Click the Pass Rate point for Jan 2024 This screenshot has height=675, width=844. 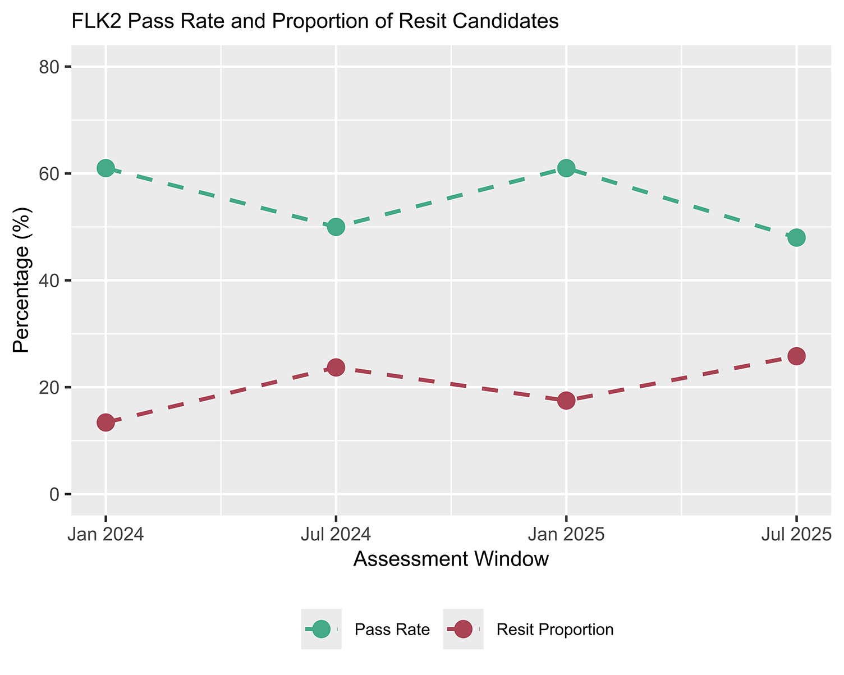pyautogui.click(x=105, y=168)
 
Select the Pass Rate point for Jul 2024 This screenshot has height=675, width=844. pyautogui.click(x=336, y=227)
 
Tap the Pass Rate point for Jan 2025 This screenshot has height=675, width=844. pyautogui.click(x=566, y=168)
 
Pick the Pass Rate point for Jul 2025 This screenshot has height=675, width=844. pyautogui.click(x=796, y=237)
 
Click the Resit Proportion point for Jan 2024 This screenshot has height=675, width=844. pyautogui.click(x=105, y=422)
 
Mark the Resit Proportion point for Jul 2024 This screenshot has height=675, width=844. pyautogui.click(x=336, y=368)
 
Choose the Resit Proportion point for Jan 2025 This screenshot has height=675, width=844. pyautogui.click(x=566, y=400)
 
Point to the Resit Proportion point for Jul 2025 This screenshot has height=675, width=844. pyautogui.click(x=796, y=356)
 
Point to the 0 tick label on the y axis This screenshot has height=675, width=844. pyautogui.click(x=54, y=494)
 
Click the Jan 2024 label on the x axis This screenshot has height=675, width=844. pyautogui.click(x=105, y=534)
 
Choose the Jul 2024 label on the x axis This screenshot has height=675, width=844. pyautogui.click(x=336, y=534)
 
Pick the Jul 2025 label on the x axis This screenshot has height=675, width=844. pyautogui.click(x=796, y=534)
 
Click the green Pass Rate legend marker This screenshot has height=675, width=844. pyautogui.click(x=321, y=629)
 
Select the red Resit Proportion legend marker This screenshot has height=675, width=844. pyautogui.click(x=463, y=629)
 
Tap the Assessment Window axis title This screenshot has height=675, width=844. pyautogui.click(x=451, y=559)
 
